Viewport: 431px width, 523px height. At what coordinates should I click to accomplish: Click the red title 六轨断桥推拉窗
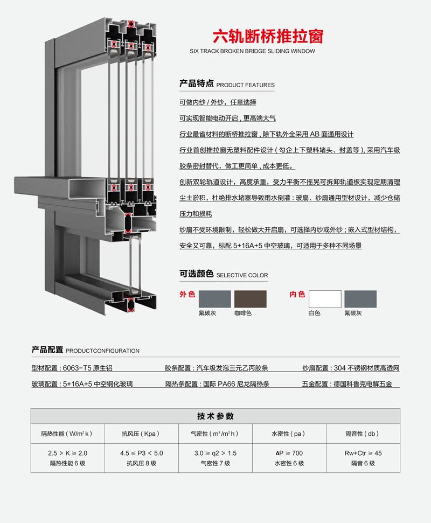pos(268,36)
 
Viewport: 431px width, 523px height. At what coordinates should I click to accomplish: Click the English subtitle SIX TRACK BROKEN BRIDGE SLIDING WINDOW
pos(252,51)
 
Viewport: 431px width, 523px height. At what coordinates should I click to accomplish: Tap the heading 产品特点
pos(196,83)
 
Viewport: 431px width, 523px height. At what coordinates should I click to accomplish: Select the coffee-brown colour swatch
pos(250,299)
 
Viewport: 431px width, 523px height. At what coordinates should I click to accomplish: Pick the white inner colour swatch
pos(325,299)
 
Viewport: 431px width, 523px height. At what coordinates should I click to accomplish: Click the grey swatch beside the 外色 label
pos(215,299)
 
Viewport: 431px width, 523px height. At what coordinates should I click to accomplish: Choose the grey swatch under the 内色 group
pos(360,299)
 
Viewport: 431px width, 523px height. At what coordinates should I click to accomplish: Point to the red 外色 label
pos(187,294)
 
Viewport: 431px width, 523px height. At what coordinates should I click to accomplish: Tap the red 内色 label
pos(297,294)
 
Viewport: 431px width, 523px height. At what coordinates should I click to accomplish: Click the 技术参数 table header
pos(215,416)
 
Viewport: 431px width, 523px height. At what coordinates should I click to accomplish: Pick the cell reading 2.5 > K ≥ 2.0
pos(68,453)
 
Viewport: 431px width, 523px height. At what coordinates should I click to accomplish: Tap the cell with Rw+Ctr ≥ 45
pos(363,453)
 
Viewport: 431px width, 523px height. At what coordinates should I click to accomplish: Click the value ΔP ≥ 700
pos(289,453)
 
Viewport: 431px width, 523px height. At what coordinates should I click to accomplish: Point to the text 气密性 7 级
pos(215,463)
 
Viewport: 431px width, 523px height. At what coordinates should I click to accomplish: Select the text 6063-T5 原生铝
pos(88,368)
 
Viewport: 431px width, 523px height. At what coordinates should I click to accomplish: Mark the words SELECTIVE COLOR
pos(242,275)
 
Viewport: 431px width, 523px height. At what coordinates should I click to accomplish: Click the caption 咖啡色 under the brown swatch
pos(243,313)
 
